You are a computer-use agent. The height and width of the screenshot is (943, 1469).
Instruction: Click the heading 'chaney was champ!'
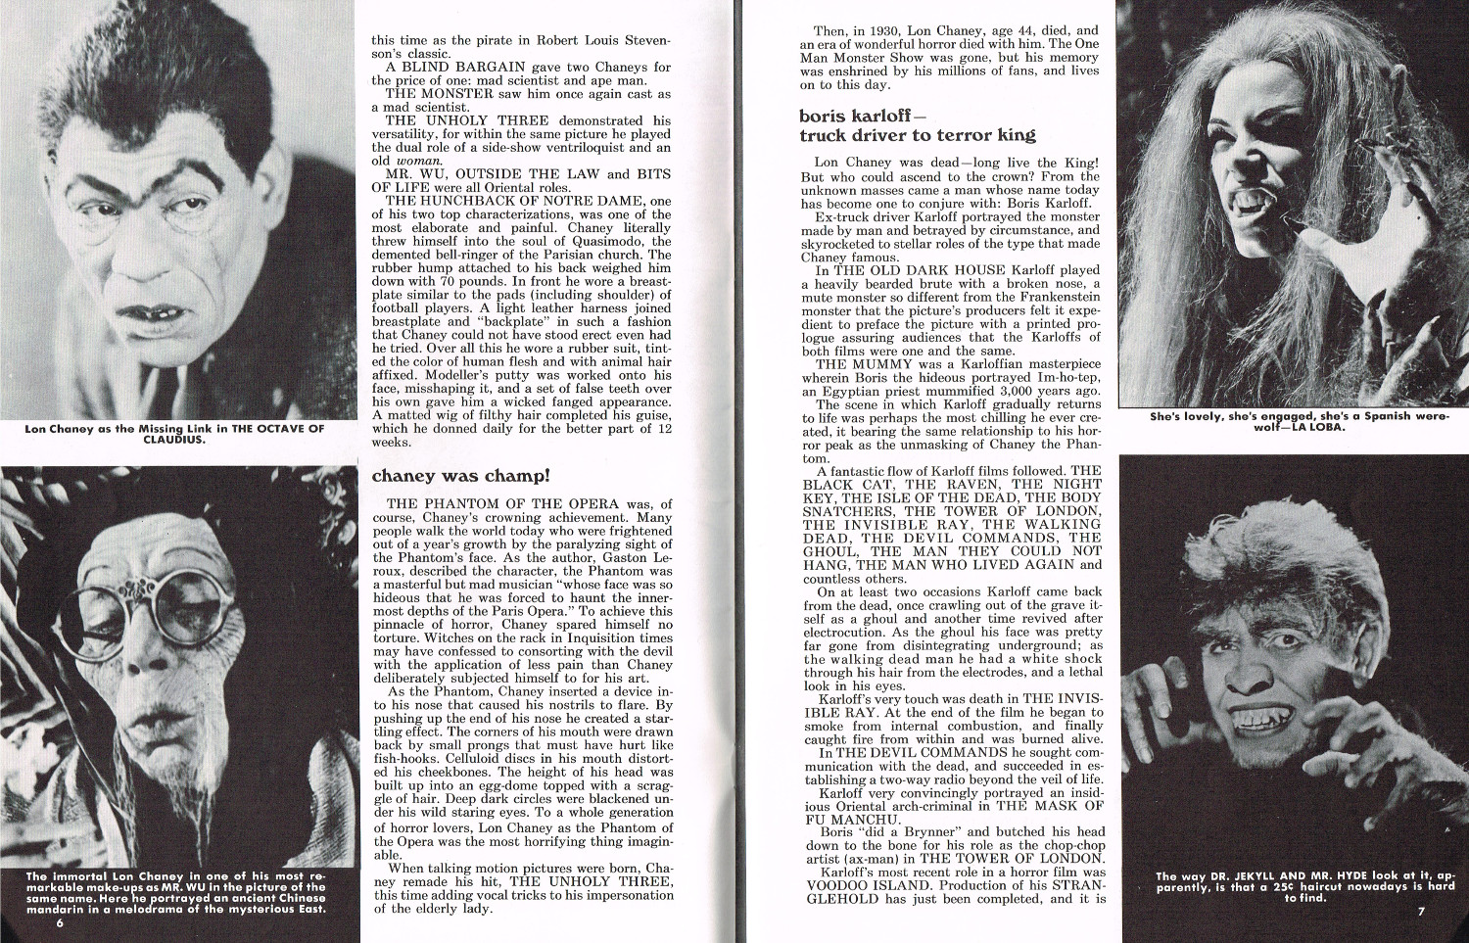pos(460,476)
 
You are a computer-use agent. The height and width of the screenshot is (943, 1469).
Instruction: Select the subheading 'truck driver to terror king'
pos(917,135)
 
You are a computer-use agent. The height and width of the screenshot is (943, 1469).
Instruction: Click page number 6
pos(60,923)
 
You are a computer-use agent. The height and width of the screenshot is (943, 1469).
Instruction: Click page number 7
pos(1420,913)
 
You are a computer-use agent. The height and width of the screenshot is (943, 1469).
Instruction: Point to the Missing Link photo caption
pos(175,434)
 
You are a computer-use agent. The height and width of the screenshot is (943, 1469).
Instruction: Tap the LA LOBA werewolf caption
pos(1299,421)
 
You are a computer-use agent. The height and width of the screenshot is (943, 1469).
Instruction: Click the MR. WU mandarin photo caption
pos(176,892)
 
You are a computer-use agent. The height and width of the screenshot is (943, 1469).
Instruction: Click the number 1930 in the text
pos(884,30)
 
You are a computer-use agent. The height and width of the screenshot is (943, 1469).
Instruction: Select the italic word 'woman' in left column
pos(418,161)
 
